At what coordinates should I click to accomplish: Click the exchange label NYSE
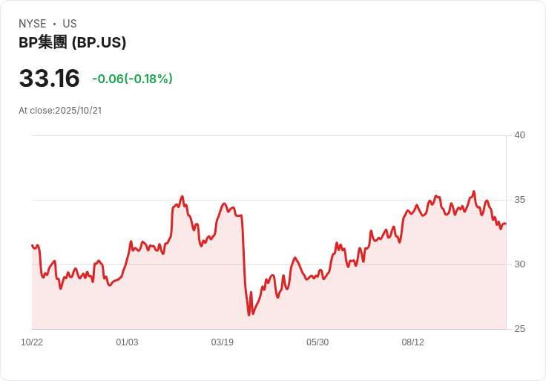pos(32,24)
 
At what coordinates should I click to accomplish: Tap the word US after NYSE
pos(70,24)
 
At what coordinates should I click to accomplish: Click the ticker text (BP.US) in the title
pos(99,42)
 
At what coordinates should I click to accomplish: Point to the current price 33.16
pos(49,79)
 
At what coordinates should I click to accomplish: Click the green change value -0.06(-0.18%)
pos(132,79)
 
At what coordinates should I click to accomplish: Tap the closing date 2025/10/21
pos(78,111)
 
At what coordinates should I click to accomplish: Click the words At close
pos(36,111)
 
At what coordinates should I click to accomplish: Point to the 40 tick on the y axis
pos(519,135)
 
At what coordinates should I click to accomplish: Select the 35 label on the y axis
pos(519,200)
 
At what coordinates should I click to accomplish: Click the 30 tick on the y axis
pos(519,264)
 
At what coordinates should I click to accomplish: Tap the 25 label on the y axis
pos(519,329)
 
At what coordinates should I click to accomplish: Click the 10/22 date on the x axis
pos(32,342)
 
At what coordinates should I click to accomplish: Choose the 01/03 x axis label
pos(127,342)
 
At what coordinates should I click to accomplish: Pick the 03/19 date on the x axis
pos(223,342)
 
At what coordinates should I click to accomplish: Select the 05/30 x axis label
pos(318,342)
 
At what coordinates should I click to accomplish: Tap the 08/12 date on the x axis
pos(412,342)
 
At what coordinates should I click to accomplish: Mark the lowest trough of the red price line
pos(249,315)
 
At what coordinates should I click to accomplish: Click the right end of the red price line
pos(505,224)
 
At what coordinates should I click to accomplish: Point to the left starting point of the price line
pos(33,245)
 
